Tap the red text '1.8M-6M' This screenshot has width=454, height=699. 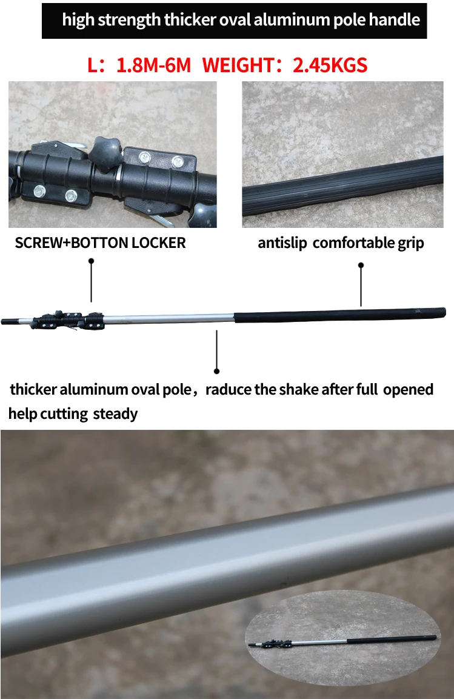pos(153,65)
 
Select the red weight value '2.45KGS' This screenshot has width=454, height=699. pos(330,65)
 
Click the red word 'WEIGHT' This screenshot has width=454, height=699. pos(237,65)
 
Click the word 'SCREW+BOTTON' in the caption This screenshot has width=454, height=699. pos(71,243)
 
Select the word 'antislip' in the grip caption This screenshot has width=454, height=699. pos(282,243)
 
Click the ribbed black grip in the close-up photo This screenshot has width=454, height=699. pos(342,187)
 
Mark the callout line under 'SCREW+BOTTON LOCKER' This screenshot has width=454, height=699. pos(91,281)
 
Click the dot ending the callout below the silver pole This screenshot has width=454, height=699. pos(216,371)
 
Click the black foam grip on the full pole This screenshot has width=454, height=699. pos(340,315)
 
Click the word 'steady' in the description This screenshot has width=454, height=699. pos(115,414)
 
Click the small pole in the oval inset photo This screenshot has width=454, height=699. pos(342,641)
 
